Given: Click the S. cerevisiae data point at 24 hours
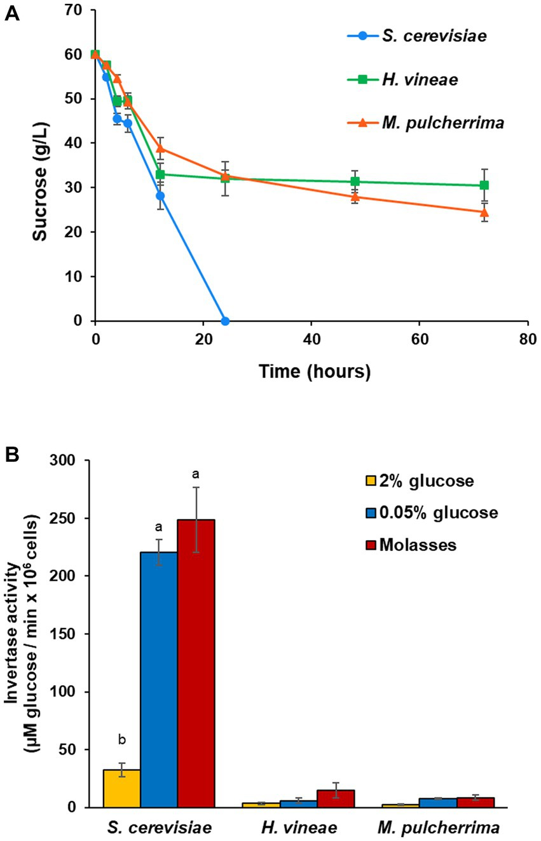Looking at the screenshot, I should [x=224, y=321].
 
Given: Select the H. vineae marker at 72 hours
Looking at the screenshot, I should [x=484, y=185].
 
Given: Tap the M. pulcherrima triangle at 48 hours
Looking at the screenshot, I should [x=355, y=196].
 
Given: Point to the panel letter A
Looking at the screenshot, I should [x=11, y=15].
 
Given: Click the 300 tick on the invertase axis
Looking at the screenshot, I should [x=74, y=460].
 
